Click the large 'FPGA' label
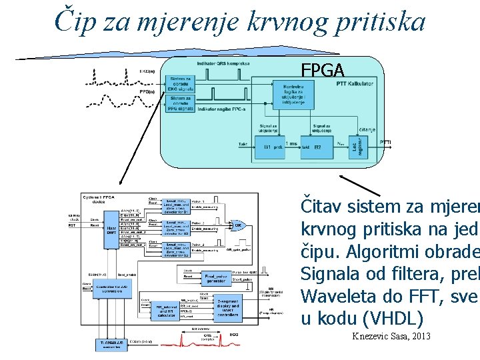[x=323, y=70]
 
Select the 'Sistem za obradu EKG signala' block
[x=181, y=83]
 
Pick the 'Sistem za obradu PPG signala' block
[x=181, y=103]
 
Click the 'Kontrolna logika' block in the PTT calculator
[x=294, y=94]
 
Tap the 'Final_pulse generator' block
[x=215, y=276]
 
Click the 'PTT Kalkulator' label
[x=355, y=83]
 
